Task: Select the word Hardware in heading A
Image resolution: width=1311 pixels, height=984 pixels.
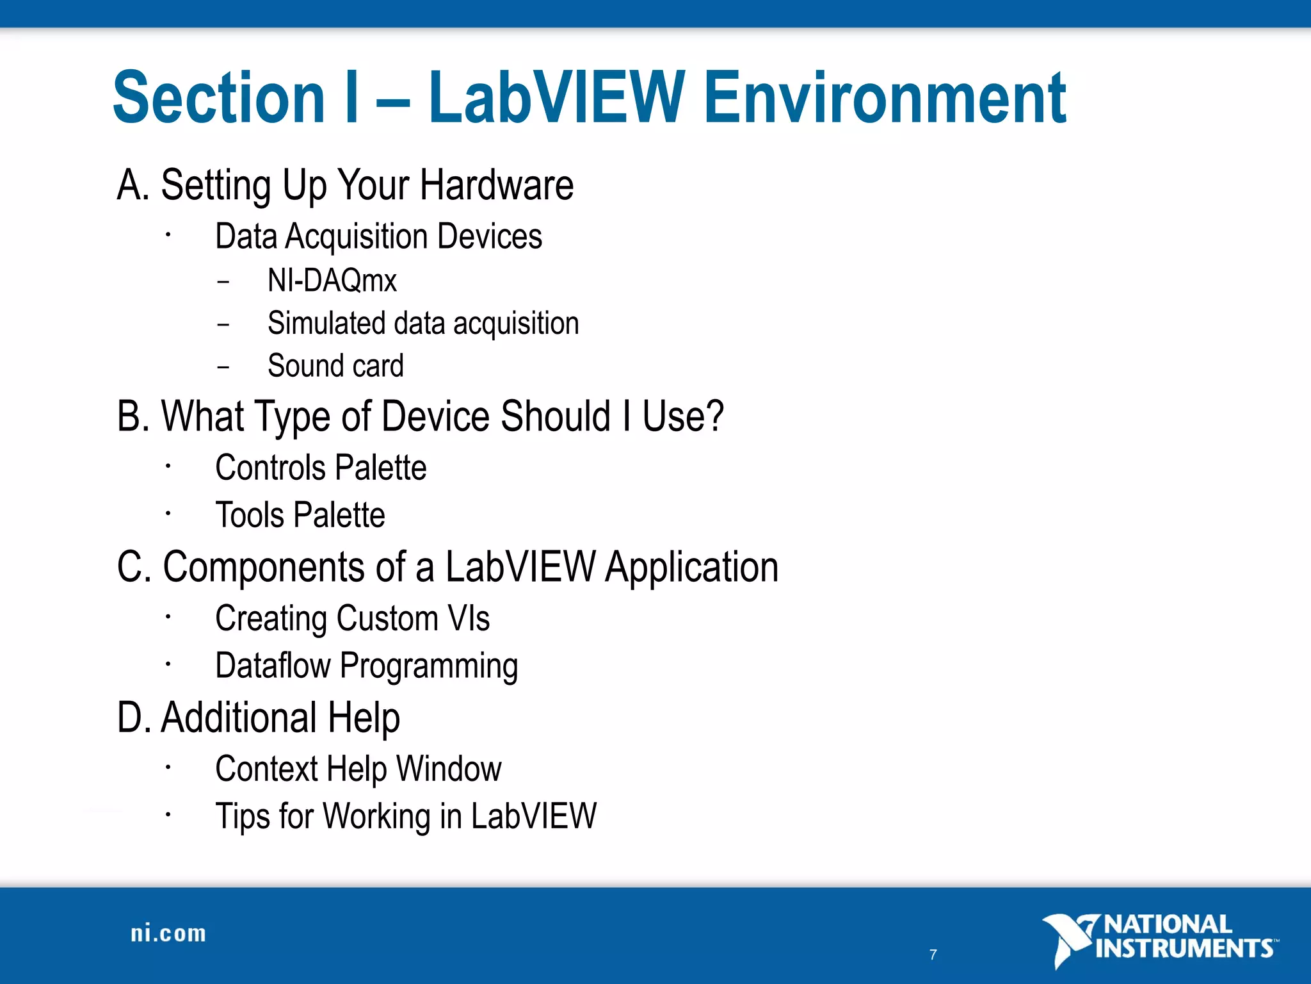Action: [497, 185]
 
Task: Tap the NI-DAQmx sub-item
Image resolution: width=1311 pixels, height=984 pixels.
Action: [332, 281]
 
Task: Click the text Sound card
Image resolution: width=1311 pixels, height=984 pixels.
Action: [335, 366]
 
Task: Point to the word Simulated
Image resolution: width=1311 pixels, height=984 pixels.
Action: [325, 323]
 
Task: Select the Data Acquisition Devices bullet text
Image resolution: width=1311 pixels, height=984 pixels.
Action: [378, 236]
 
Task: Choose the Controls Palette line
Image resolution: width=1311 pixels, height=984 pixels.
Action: [321, 468]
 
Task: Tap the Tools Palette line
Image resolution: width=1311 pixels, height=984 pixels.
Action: [300, 515]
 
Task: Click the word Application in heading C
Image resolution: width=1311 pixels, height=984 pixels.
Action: [691, 568]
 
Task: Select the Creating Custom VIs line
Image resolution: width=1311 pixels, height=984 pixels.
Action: [352, 619]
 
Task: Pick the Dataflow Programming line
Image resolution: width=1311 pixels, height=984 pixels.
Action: [366, 666]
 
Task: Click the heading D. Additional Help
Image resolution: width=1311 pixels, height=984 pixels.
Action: [259, 717]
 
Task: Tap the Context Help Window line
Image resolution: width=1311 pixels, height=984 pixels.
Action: [358, 769]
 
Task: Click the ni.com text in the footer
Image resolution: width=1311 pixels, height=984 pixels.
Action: [168, 933]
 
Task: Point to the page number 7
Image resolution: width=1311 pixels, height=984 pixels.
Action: [933, 955]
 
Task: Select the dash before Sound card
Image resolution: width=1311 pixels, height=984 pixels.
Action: [223, 367]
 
